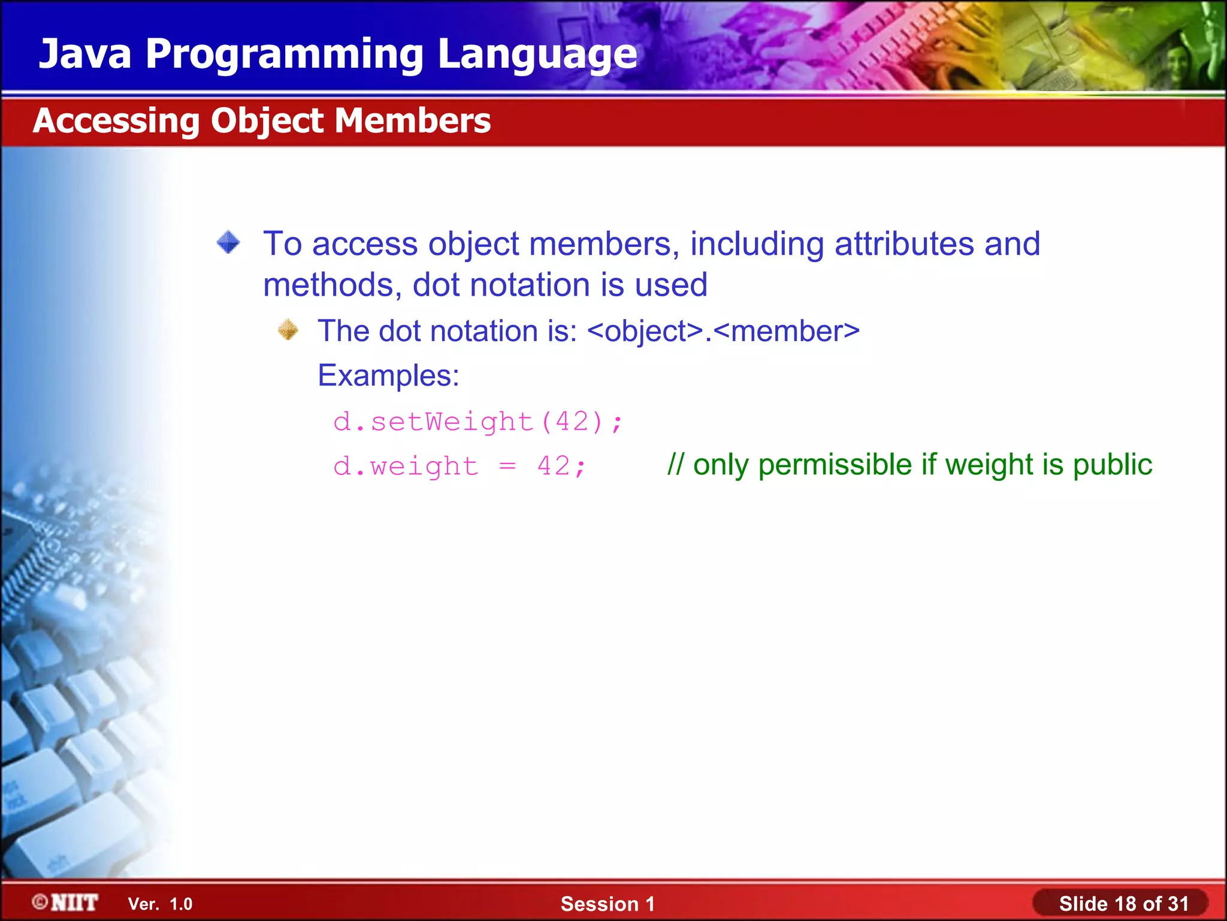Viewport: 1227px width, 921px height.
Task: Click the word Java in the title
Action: (84, 54)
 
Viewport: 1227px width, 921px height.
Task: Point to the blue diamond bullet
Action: (228, 242)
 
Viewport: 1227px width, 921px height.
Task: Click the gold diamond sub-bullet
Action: (288, 330)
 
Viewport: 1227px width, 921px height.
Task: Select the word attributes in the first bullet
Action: (904, 244)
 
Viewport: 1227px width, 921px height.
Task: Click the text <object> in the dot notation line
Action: (645, 332)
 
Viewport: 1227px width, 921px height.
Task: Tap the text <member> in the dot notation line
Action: (787, 332)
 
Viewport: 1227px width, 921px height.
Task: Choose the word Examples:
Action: (388, 376)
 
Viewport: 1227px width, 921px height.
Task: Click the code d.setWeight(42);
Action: (478, 422)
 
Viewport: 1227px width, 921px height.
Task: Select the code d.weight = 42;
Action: (460, 466)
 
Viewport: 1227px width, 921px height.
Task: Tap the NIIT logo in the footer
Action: (66, 902)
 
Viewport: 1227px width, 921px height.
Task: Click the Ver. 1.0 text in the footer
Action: (160, 904)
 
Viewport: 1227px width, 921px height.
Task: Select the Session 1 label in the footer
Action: (608, 904)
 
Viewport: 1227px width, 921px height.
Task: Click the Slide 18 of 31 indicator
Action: (1123, 904)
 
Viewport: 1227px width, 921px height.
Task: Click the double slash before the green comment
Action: (675, 465)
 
